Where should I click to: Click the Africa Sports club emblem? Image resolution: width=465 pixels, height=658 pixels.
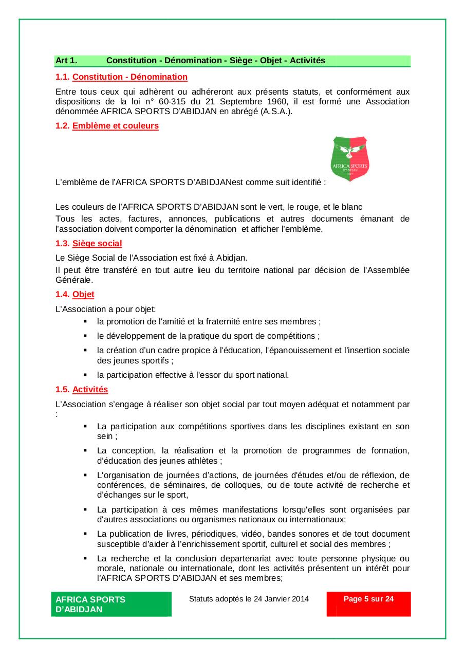pos(350,158)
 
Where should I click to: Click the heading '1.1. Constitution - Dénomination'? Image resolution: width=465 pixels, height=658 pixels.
pos(121,77)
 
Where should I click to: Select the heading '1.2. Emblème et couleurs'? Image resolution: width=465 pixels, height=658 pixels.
pos(107,126)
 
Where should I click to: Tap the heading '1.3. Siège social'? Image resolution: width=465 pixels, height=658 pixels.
pos(88,243)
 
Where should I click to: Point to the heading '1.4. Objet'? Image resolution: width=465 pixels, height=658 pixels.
pos(75,295)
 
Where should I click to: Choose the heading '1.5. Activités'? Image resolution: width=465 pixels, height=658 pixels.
pos(82,390)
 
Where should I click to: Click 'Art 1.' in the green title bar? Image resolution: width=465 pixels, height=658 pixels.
pos(66,61)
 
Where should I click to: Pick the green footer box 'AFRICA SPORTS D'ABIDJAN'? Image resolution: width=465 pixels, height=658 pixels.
pos(111,604)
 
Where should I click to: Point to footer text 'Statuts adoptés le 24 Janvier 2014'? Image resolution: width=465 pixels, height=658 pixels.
pos(249,599)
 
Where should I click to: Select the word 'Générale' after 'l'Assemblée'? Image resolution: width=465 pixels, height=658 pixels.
pos(74,280)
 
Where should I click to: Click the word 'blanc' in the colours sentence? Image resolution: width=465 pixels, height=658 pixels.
pos(352,207)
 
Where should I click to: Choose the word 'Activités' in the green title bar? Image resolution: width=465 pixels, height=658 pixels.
pos(307,61)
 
